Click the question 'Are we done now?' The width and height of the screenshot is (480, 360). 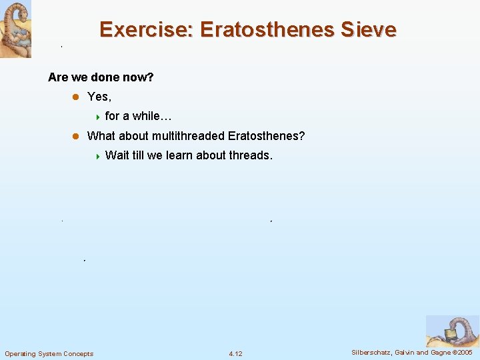101,77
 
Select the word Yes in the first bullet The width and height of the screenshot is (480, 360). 99,97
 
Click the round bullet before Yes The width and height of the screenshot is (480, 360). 75,97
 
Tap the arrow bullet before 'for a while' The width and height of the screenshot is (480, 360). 97,117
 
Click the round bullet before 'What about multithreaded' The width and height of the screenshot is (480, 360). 75,136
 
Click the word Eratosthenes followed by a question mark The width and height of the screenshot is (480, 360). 266,136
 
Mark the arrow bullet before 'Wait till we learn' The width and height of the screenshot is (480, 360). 97,156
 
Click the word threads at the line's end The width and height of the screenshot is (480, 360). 251,155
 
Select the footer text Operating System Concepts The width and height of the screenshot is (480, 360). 49,353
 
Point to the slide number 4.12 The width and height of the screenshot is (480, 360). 235,353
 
